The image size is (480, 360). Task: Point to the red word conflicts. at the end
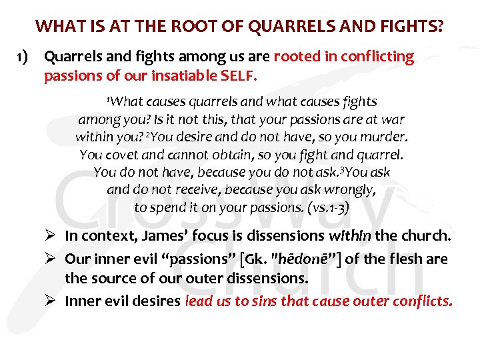pos(428,301)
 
